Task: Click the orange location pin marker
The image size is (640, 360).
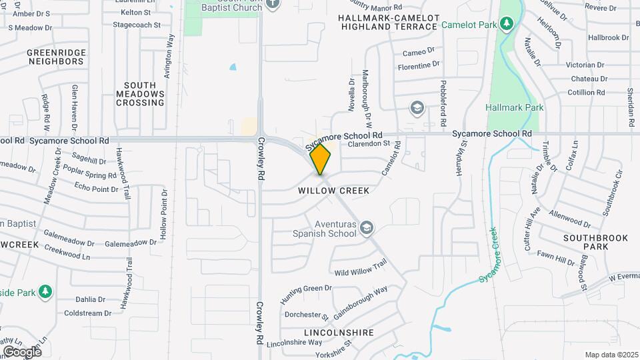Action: pos(321,159)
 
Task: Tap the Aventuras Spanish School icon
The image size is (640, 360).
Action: pos(366,229)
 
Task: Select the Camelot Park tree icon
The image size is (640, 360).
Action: pos(507,25)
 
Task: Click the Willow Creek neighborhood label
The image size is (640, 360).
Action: pos(333,191)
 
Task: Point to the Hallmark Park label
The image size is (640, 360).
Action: pos(515,107)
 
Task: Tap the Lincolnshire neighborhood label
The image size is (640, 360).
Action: pos(339,332)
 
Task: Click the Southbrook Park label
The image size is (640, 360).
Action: pos(586,242)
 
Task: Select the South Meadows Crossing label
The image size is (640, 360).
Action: pos(140,94)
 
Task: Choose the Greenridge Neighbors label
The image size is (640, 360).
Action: pos(55,57)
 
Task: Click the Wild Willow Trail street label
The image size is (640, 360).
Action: pos(360,269)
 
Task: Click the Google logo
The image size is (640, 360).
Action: pos(22,351)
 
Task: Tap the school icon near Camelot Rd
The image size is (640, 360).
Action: pos(417,107)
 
